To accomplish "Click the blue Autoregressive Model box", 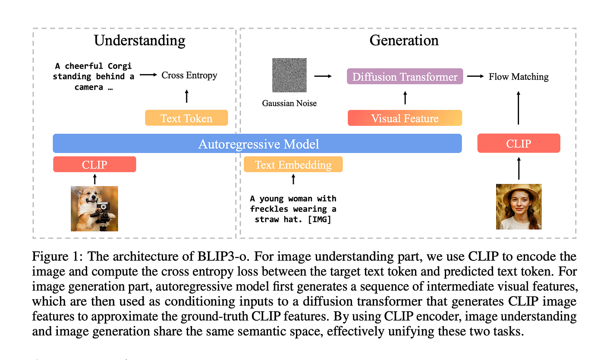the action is coord(257,143).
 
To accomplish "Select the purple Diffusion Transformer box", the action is coord(405,76).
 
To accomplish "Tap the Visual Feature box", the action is coord(405,118).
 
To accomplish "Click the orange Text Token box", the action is coord(186,118).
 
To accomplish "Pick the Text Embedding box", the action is coord(293,164).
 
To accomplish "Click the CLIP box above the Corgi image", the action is coord(94,164).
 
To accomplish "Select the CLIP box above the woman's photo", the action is coord(519,143).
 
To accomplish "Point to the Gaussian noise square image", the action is coord(289,75).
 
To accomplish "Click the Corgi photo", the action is coord(94,209).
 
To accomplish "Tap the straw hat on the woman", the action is coord(519,192).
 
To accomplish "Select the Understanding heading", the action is coord(139,41).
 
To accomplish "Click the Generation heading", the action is coord(404,41).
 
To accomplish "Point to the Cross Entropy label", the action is coord(189,75).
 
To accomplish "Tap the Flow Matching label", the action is coord(519,77).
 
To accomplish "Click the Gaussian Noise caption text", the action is coord(289,103).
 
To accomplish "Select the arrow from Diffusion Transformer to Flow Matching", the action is coord(475,76).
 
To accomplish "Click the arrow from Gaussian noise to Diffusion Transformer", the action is coord(323,76).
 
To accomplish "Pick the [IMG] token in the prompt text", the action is coord(319,219).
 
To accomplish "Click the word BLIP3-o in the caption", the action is coord(223,256).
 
